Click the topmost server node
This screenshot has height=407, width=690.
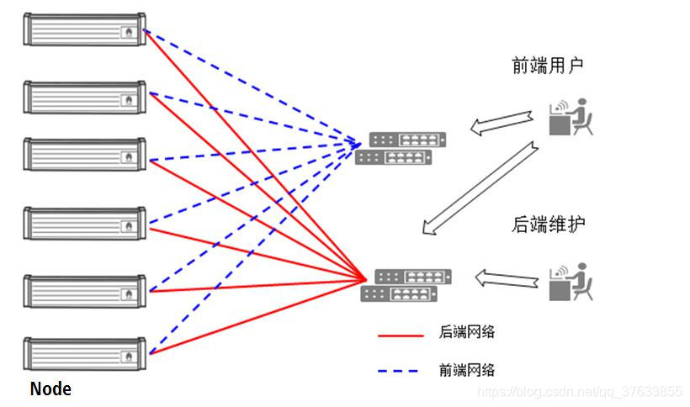tap(83, 31)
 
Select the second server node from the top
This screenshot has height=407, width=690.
tap(83, 97)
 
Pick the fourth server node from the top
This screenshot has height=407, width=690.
tap(83, 223)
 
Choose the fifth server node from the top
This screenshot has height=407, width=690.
tap(83, 290)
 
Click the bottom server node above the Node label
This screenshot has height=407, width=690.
tap(83, 354)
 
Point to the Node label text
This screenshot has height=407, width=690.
tap(50, 389)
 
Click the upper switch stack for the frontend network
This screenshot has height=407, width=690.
tap(401, 148)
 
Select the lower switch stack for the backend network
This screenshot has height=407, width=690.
tap(406, 285)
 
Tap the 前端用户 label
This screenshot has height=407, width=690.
tap(548, 66)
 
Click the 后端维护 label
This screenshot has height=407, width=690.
tap(548, 225)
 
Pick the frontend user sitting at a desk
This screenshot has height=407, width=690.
tap(571, 117)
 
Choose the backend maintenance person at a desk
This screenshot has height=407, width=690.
tap(571, 283)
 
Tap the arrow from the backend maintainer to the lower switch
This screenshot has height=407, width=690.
tap(507, 277)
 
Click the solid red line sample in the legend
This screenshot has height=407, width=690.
tap(401, 336)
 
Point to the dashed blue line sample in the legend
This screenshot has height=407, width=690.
tap(401, 370)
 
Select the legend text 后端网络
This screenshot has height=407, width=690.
tap(467, 332)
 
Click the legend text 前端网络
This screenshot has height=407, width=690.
tap(467, 369)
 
